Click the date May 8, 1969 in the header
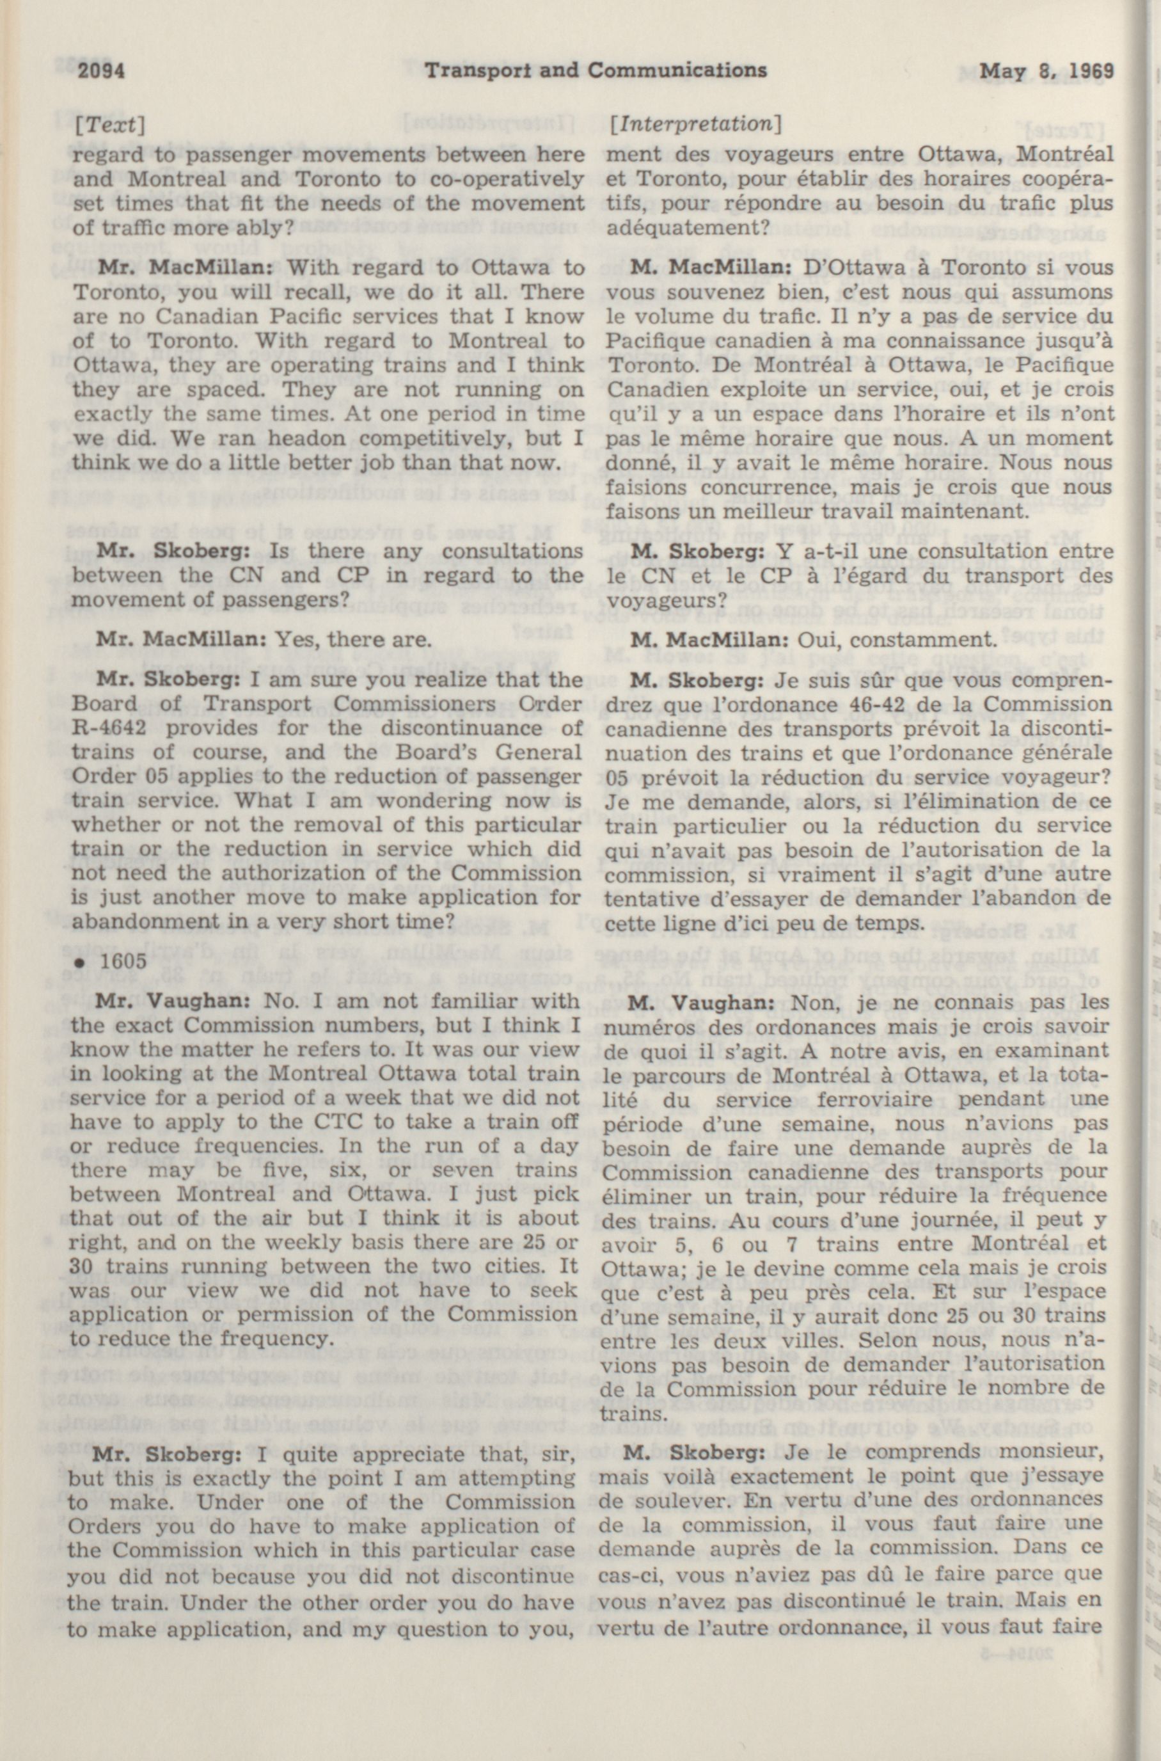[1047, 71]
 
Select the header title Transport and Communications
[596, 70]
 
